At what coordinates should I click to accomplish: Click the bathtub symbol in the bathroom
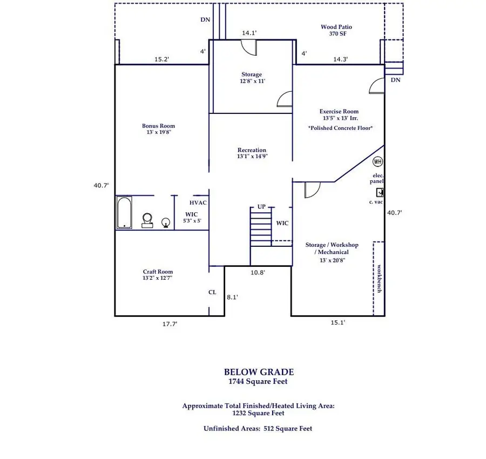124,213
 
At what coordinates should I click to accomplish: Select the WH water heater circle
377,161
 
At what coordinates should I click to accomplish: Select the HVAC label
198,202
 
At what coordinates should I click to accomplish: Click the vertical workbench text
380,278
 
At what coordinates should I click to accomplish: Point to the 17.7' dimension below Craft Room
170,324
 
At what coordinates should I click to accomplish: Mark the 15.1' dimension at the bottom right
337,322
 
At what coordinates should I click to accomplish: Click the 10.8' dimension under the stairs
258,273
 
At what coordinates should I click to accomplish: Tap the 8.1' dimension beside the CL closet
232,297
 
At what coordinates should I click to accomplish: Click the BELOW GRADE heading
259,372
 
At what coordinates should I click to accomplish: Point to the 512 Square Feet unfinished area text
288,428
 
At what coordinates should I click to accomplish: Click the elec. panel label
377,179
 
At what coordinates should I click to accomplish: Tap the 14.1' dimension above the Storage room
249,33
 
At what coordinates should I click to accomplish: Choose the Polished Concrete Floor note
340,128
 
